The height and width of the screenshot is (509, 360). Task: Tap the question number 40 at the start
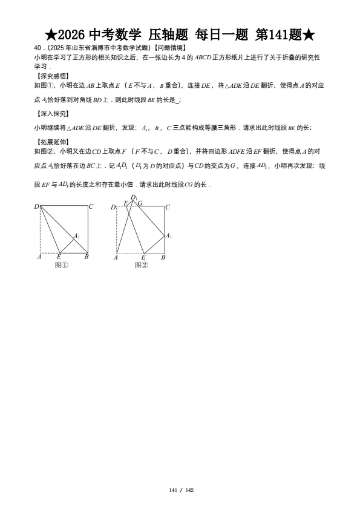click(x=38, y=48)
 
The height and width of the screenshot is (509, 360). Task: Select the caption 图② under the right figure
click(x=141, y=264)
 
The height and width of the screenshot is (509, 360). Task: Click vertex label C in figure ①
click(x=91, y=207)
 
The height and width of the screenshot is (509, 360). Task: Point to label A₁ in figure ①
click(x=77, y=235)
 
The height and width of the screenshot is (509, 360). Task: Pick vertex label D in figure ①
click(x=36, y=207)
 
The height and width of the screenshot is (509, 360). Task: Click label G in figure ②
click(x=140, y=203)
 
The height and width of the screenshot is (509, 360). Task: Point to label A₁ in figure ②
click(x=169, y=236)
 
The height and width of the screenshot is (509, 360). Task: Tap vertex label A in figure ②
click(x=116, y=258)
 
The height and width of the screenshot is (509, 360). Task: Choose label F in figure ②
click(x=126, y=203)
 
